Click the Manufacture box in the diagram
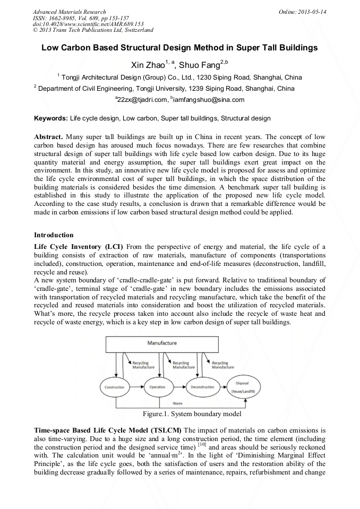point(162,343)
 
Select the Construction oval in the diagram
point(114,387)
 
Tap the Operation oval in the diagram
point(157,387)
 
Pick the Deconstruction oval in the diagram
point(202,387)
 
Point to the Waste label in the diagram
point(178,403)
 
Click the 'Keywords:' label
point(51,118)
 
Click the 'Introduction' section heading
point(54,235)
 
